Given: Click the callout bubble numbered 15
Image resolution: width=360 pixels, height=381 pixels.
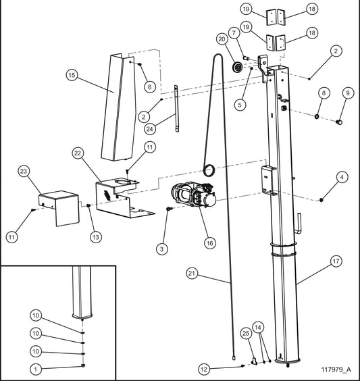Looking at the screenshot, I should click(72, 76).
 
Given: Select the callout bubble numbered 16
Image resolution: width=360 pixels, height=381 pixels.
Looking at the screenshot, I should click(208, 241).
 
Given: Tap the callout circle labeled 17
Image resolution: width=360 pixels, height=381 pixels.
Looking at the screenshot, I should click(336, 259).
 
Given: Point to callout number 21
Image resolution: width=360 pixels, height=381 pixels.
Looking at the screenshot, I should click(191, 273).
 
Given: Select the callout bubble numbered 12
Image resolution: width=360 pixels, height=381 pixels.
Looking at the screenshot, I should click(204, 369).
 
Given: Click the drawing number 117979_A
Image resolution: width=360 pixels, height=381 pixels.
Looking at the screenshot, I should click(336, 370).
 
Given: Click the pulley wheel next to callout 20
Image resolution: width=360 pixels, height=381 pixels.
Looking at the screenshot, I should click(236, 68).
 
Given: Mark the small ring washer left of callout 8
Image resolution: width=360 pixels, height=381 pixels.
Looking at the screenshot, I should click(315, 116).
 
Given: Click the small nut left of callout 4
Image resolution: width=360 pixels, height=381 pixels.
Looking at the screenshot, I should click(323, 199).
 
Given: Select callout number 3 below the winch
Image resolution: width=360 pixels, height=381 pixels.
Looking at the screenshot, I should click(161, 249).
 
